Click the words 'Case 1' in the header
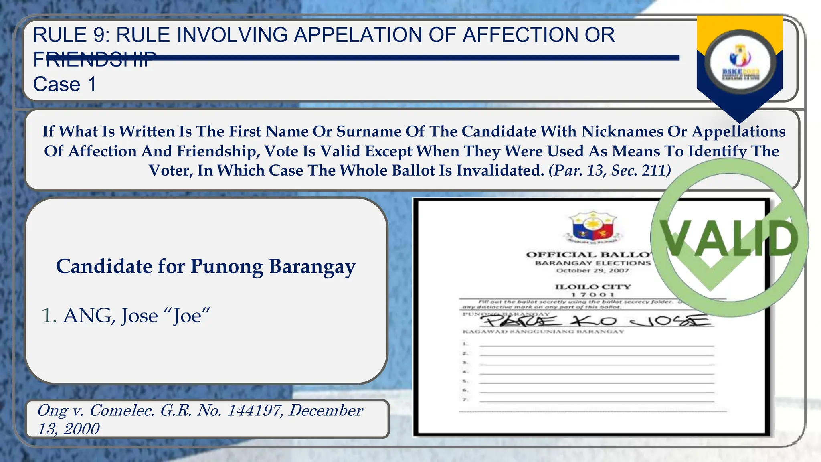pos(65,84)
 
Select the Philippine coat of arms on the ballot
pos(592,227)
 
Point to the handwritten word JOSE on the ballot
pos(669,321)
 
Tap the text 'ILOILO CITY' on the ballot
pos(592,287)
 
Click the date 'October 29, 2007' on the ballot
pos(592,271)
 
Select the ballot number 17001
pos(592,295)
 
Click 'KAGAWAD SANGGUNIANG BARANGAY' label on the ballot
pos(543,332)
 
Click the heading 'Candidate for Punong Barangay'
pos(206,266)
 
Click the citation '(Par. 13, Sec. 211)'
pos(610,170)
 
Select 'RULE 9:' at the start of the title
pos(72,35)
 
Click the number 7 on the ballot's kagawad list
pos(465,400)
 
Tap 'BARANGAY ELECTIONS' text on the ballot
pos(592,263)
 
